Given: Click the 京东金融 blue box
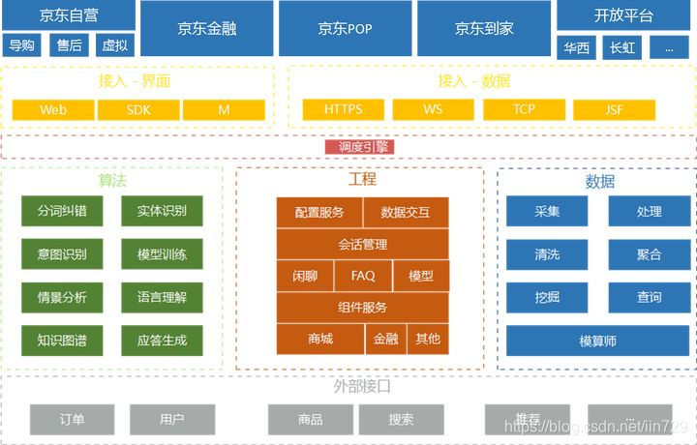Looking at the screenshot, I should coord(207,28).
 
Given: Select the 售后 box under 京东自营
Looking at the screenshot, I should coord(69,45).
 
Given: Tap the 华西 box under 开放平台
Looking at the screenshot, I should coord(577,47).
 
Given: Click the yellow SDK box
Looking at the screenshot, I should coord(138,110).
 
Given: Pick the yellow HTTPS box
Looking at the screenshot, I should coord(344,110).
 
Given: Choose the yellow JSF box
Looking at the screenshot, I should coord(615,110).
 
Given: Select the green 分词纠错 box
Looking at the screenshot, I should coord(62,211).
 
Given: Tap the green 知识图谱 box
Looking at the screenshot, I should coord(62,340).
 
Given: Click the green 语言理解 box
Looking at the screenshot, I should coord(163,297).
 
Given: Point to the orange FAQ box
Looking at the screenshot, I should coord(363,276).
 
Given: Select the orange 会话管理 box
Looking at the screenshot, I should coord(363,244).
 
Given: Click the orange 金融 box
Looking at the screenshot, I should coord(385,339).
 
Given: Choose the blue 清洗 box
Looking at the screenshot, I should coord(547,254).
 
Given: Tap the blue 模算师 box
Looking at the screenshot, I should coord(597,341).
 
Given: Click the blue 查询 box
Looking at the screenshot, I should coord(650,297).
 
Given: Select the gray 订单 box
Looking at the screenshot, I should coord(72,420).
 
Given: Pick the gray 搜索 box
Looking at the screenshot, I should coord(401,420).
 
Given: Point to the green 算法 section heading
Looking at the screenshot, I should coord(113,180).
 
